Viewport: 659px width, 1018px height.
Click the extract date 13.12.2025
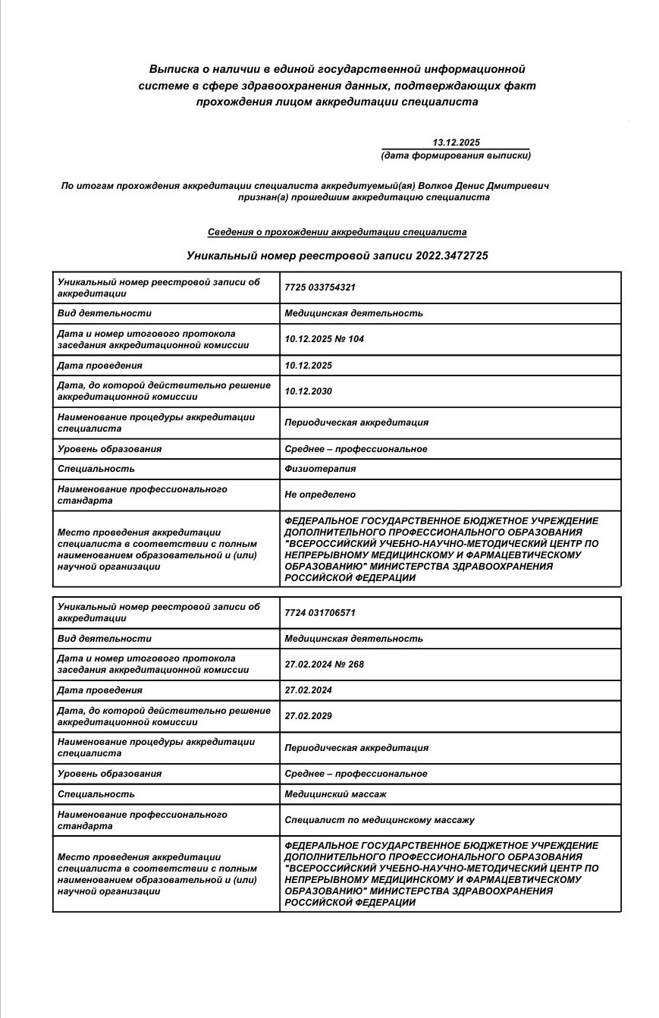(x=456, y=143)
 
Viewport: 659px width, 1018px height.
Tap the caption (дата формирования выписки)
(x=456, y=156)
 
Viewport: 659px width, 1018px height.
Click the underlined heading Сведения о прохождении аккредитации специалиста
(x=337, y=232)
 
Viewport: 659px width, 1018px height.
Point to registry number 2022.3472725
(x=451, y=256)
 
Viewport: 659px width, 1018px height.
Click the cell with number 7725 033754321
(x=320, y=287)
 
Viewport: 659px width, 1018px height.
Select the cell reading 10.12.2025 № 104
(x=324, y=339)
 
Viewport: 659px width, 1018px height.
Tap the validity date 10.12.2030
(x=308, y=391)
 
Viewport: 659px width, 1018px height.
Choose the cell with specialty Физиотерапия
(x=320, y=469)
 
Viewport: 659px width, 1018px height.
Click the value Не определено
(x=320, y=495)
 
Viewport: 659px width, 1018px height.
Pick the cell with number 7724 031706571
(x=320, y=612)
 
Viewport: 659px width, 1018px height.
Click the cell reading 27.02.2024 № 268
(x=324, y=664)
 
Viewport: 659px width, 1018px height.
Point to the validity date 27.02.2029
(x=308, y=716)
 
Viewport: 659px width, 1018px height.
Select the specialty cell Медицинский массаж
(x=335, y=794)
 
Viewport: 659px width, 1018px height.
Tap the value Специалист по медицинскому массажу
(x=379, y=820)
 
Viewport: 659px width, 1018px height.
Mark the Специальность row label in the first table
(x=96, y=469)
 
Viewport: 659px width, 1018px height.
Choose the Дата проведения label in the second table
(x=99, y=690)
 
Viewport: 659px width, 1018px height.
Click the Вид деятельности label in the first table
(x=104, y=313)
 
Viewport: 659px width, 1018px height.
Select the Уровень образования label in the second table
(x=109, y=774)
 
